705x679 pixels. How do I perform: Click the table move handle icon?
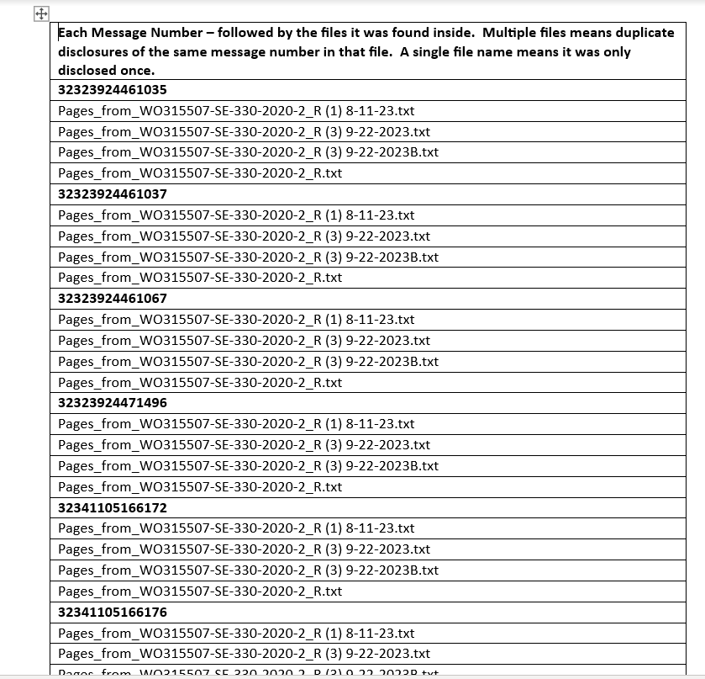pos(41,13)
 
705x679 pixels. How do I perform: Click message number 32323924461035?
pos(113,90)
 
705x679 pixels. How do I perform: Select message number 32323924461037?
pos(113,194)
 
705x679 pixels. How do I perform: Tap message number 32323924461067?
pos(113,299)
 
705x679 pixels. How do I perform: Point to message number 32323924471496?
pos(113,403)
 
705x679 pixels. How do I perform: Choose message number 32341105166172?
pos(113,507)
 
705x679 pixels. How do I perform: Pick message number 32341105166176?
pos(113,613)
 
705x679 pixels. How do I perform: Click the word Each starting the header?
pos(72,33)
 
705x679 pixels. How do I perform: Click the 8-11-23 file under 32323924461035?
pos(236,111)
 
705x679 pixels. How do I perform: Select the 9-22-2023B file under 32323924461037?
pos(248,257)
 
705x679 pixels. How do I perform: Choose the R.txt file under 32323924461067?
pos(200,383)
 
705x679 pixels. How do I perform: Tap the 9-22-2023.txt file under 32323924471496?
pos(244,445)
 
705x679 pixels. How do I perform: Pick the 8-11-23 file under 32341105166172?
pos(236,528)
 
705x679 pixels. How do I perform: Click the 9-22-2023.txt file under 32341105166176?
pos(244,654)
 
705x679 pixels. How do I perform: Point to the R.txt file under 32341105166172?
pos(200,591)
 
